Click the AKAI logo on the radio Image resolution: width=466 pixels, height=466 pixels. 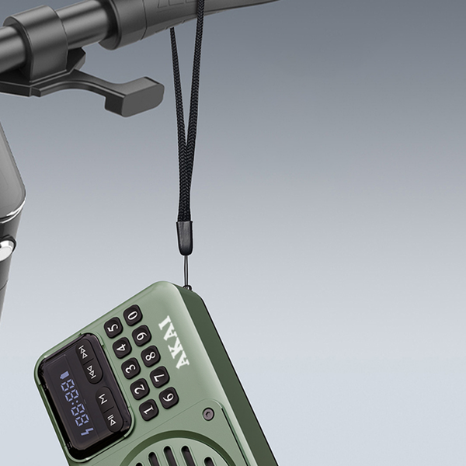172,343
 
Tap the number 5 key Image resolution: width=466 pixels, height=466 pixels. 113,327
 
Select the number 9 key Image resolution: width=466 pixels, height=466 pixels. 141,336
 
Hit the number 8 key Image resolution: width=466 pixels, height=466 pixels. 151,356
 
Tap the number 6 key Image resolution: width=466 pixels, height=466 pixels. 169,398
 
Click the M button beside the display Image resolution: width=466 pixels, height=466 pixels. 104,398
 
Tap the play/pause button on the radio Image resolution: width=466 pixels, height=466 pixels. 113,422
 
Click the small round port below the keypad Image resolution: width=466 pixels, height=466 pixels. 208,413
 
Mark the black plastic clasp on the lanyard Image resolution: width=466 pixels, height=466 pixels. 184,237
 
